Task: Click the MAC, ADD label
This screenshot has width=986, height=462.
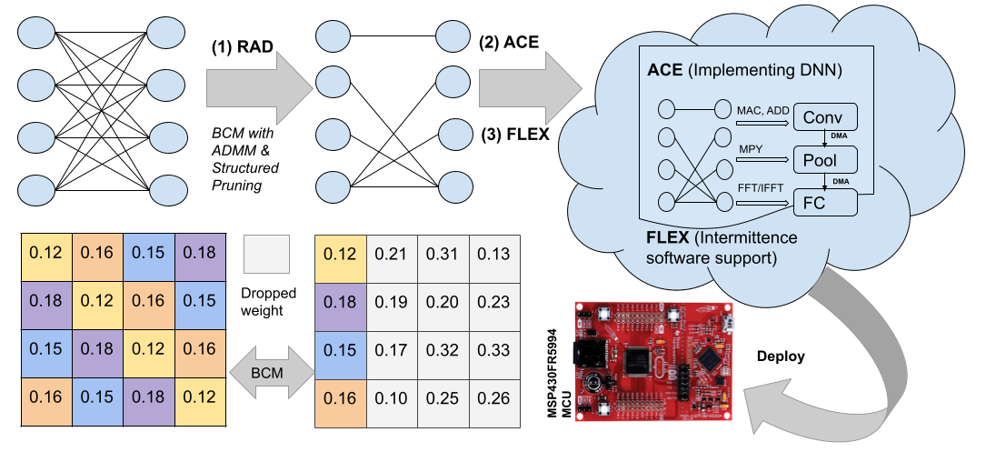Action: point(763,110)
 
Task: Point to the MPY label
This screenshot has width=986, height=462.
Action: point(751,149)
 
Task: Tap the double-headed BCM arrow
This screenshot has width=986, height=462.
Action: point(268,372)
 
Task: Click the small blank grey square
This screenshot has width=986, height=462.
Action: point(266,254)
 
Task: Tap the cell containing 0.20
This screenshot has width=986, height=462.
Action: point(443,301)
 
